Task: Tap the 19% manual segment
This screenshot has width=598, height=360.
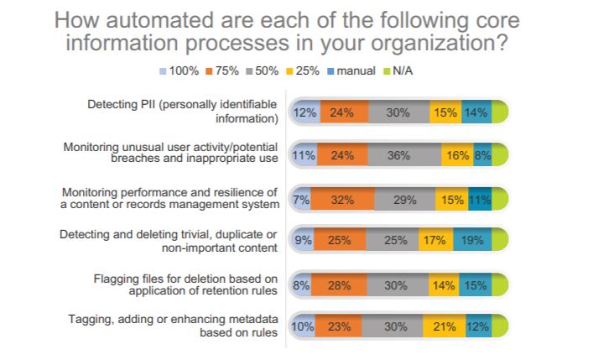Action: coord(471,241)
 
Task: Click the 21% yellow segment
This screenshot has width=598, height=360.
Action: coord(444,326)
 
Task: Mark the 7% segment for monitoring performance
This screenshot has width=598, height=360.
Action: coord(299,198)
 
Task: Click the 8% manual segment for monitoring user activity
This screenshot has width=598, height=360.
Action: coord(481,155)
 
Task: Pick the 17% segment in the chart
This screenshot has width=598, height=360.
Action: coord(434,241)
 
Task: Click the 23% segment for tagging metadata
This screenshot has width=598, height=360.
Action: coord(340,326)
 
